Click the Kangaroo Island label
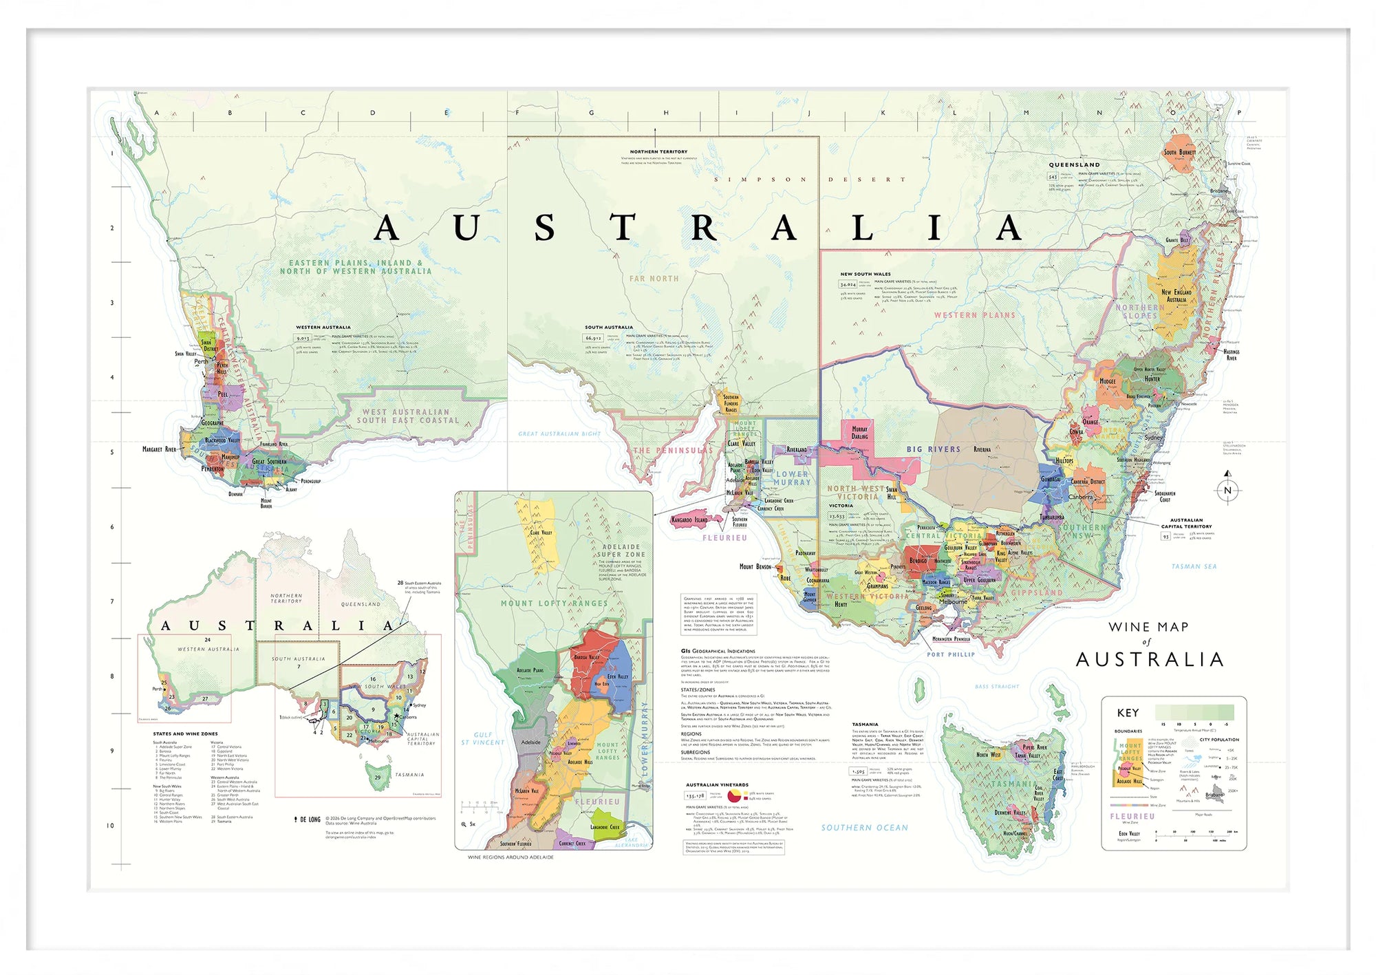click(689, 519)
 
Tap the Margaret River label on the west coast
click(159, 449)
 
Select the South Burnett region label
click(1179, 152)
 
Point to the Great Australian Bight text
click(559, 434)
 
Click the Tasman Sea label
click(1194, 566)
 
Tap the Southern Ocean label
click(864, 828)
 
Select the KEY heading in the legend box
click(1128, 713)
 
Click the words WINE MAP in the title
click(1148, 627)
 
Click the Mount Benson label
click(755, 566)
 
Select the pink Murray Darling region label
click(859, 433)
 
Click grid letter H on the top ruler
click(665, 113)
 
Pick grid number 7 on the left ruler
click(112, 601)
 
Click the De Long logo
click(307, 819)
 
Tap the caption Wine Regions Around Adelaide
click(510, 857)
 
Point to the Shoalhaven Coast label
click(1165, 496)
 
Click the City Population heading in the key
click(1218, 740)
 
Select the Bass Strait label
click(997, 687)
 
